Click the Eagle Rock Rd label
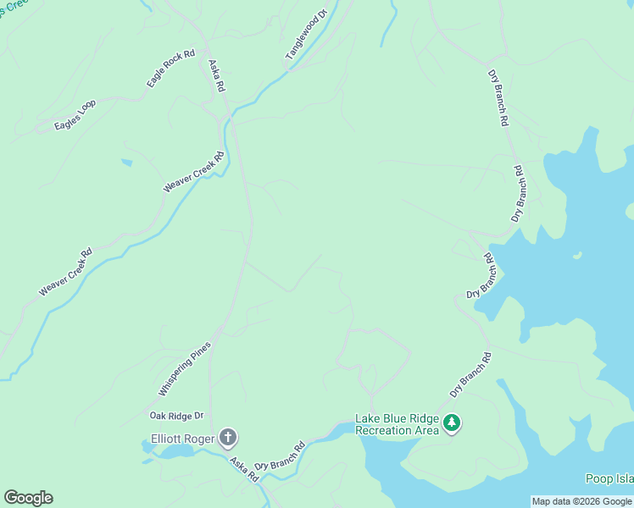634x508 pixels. pyautogui.click(x=170, y=68)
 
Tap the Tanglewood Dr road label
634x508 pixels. pyautogui.click(x=306, y=35)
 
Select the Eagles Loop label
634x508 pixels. pyautogui.click(x=75, y=115)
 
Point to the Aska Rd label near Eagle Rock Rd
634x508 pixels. pyautogui.click(x=216, y=75)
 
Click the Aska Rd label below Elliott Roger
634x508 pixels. pyautogui.click(x=244, y=470)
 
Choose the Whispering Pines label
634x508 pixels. pyautogui.click(x=183, y=369)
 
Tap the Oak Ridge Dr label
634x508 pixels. pyautogui.click(x=177, y=416)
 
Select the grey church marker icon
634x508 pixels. pyautogui.click(x=227, y=438)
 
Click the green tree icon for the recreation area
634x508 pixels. pyautogui.click(x=452, y=422)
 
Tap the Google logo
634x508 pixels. pyautogui.click(x=28, y=498)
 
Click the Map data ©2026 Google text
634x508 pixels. pyautogui.click(x=581, y=501)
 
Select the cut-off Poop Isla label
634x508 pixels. pyautogui.click(x=609, y=479)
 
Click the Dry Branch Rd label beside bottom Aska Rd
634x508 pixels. pyautogui.click(x=280, y=457)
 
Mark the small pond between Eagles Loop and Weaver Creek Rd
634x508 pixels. pyautogui.click(x=126, y=162)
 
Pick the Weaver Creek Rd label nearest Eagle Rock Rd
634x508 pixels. pyautogui.click(x=194, y=171)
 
